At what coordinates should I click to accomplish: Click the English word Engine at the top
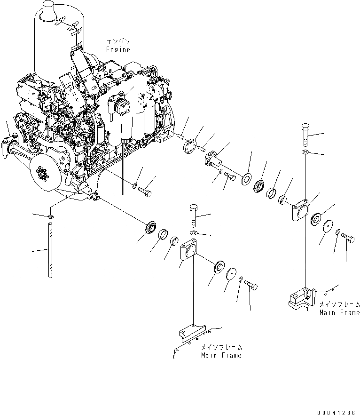pos(117,49)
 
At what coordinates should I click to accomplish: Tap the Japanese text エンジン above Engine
pos(117,42)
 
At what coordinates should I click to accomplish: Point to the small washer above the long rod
pos(50,216)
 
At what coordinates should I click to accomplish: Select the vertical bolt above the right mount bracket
pos(305,135)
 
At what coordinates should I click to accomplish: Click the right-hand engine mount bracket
pos(300,210)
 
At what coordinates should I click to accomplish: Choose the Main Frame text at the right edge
pos(339,312)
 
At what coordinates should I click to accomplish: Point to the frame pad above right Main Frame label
pos(300,297)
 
